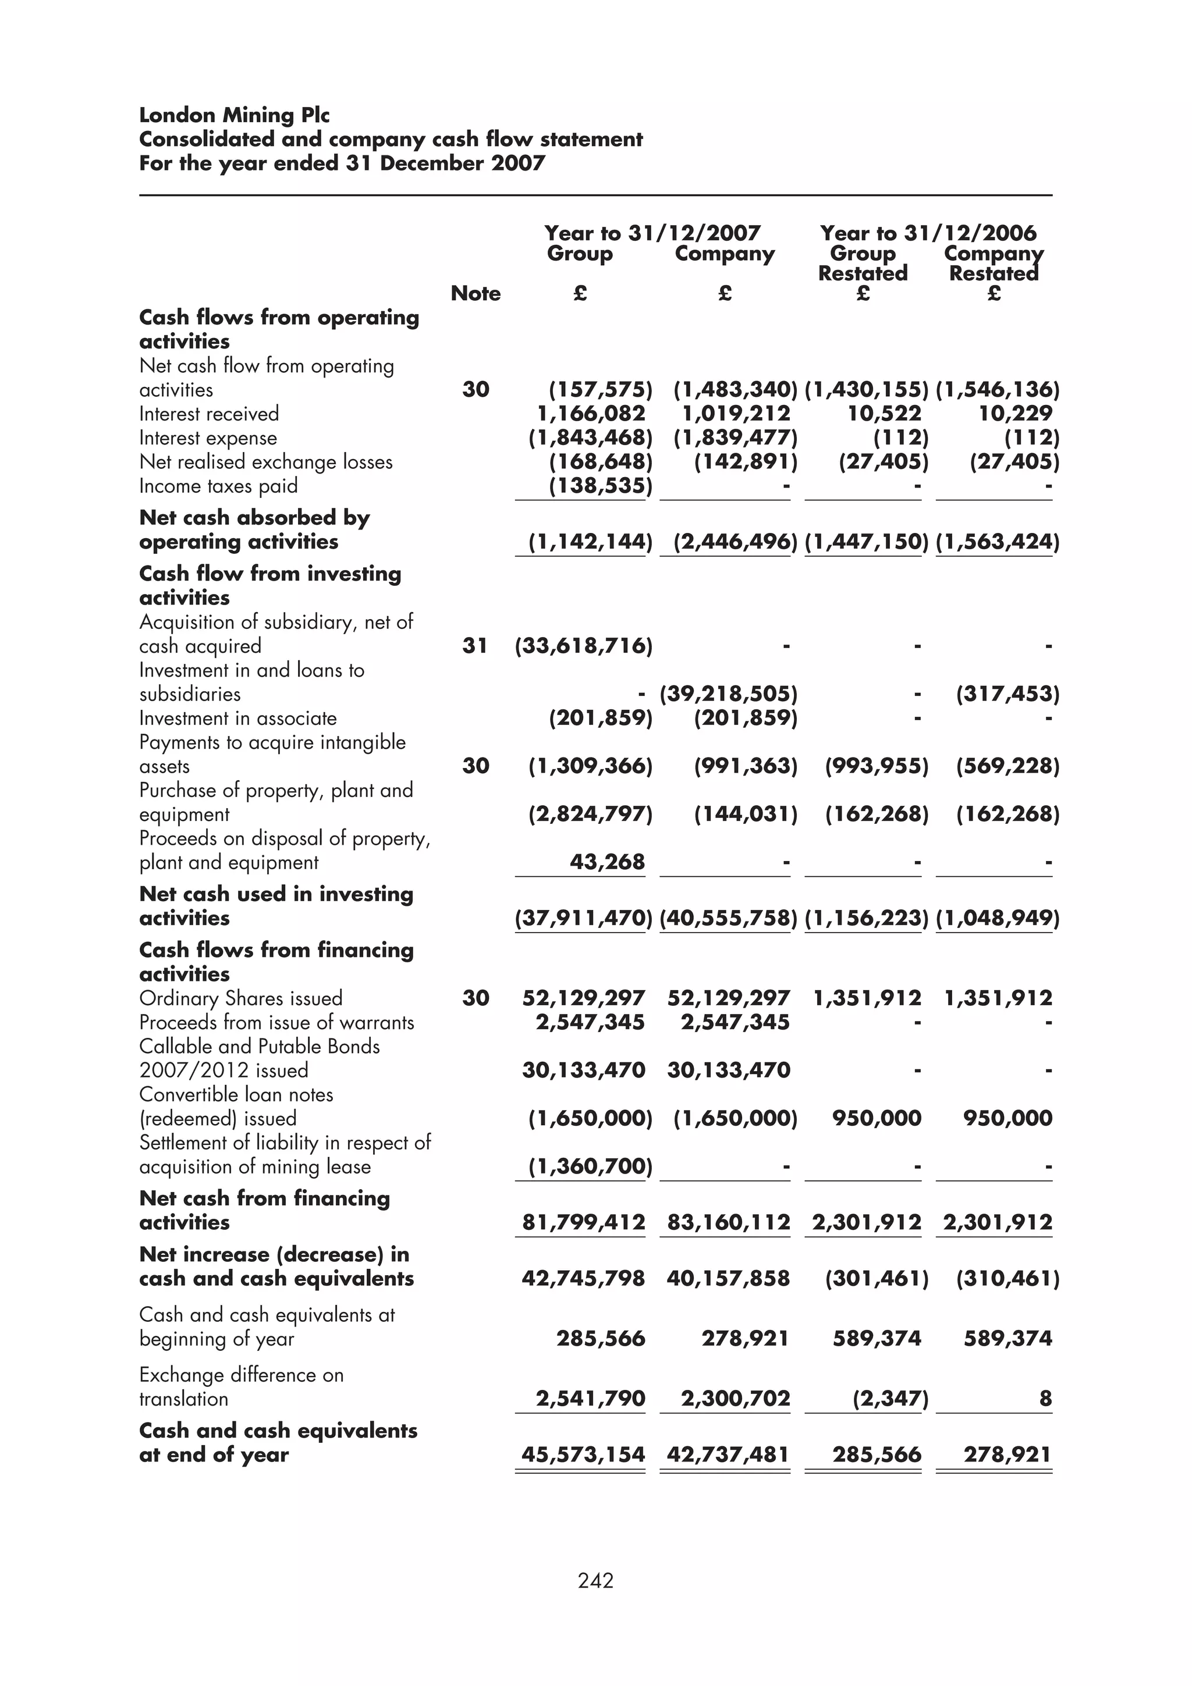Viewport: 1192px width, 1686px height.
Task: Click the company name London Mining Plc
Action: click(235, 115)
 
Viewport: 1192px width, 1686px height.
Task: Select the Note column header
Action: click(475, 294)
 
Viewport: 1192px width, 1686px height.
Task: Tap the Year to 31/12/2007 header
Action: click(652, 233)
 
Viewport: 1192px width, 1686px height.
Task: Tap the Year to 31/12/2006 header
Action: click(928, 233)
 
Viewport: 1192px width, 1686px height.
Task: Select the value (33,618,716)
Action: click(583, 646)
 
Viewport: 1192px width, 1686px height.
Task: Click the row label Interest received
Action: click(210, 414)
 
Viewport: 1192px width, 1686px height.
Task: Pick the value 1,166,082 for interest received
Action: click(591, 414)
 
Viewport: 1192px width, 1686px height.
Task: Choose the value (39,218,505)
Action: click(728, 694)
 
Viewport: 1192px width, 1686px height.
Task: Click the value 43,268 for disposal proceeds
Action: click(608, 862)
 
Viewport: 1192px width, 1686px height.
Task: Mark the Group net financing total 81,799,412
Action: click(583, 1223)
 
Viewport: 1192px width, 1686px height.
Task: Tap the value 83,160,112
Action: click(728, 1223)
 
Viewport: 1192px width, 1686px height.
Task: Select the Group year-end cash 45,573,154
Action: click(583, 1454)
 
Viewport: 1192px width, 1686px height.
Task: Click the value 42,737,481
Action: click(728, 1454)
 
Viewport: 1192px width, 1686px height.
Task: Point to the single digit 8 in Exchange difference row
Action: click(1045, 1399)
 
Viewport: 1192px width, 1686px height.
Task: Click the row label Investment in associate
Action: click(238, 718)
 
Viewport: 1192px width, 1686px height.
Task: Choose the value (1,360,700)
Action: click(590, 1167)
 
